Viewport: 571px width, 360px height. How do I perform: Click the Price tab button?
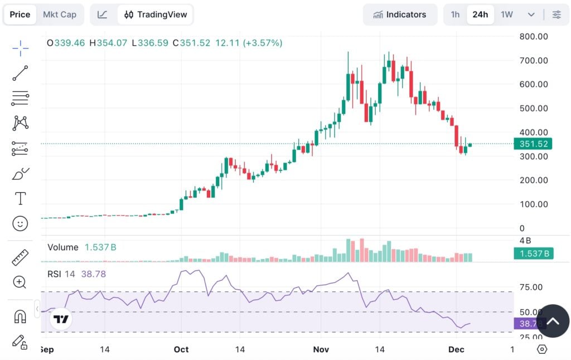(x=20, y=14)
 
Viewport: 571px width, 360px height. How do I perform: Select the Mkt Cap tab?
(x=60, y=14)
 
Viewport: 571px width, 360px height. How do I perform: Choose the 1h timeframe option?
(x=455, y=14)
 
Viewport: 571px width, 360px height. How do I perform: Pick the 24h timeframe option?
(x=480, y=14)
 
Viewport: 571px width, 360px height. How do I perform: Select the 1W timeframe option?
(x=506, y=14)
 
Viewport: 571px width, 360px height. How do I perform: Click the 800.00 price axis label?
(x=534, y=36)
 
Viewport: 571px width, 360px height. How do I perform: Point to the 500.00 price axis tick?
(x=534, y=108)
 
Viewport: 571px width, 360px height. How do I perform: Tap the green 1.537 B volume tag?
(x=533, y=254)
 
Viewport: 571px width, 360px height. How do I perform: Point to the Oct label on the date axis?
(x=181, y=349)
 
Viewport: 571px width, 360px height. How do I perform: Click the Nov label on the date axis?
(x=321, y=349)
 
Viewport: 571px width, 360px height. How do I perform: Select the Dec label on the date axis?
(x=456, y=349)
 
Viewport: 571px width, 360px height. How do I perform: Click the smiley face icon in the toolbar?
(x=21, y=223)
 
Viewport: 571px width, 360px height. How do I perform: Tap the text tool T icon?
(x=21, y=198)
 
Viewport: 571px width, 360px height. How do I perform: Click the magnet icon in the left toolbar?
(x=21, y=317)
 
